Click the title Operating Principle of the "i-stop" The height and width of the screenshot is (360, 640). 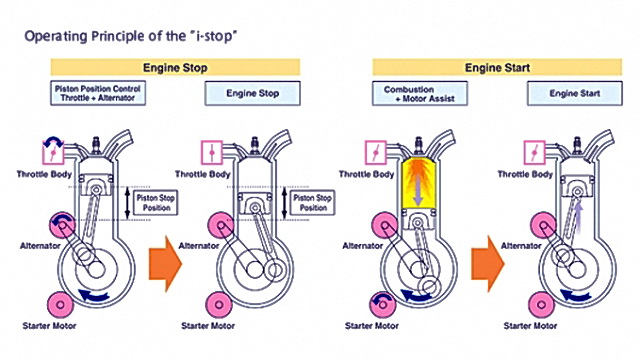131,36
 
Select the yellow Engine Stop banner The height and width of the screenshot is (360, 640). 175,67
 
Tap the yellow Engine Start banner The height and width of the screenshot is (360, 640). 497,67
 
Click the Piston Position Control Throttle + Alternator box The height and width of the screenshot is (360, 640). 98,93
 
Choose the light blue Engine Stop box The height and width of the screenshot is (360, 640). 253,93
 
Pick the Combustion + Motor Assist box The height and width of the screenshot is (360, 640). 420,93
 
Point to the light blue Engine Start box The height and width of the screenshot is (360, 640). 575,93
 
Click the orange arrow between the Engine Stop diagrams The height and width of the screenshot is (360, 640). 165,264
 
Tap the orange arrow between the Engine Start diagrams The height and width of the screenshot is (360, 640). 488,264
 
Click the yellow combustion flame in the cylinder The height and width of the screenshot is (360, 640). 418,183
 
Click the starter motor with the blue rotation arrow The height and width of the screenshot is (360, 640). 382,304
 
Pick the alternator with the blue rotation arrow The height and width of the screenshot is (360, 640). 63,225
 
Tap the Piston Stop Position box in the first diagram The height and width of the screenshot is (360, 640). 156,202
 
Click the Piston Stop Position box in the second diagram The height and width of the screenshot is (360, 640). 313,202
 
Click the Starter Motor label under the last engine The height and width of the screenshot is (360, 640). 530,326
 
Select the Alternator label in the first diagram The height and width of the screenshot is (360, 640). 40,246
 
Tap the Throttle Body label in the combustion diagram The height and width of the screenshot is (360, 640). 366,174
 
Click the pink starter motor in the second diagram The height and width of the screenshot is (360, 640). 219,304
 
